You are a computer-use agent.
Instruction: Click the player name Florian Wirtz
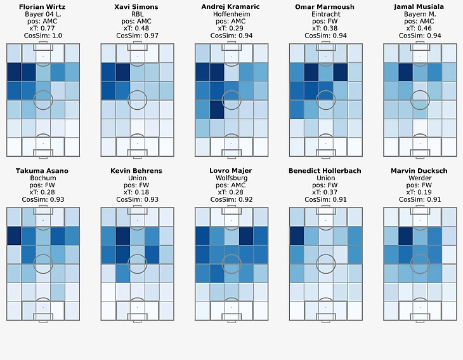42,6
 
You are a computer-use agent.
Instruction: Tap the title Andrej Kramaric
231,6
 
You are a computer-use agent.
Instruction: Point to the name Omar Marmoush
326,6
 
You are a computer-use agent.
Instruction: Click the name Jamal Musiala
420,6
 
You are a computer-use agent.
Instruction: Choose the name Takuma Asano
42,171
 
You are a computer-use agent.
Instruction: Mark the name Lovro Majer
231,171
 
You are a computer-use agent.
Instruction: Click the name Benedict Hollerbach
326,171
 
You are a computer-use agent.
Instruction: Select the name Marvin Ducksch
420,171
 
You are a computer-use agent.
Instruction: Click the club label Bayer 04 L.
42,14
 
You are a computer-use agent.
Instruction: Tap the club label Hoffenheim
231,14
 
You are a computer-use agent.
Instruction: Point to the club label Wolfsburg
231,178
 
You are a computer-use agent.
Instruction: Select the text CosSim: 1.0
42,36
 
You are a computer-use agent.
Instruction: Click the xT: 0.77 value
42,29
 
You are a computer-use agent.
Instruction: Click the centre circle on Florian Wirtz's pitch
43,100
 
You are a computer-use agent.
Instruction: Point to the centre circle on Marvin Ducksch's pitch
420,264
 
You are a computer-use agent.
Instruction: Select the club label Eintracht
326,14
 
